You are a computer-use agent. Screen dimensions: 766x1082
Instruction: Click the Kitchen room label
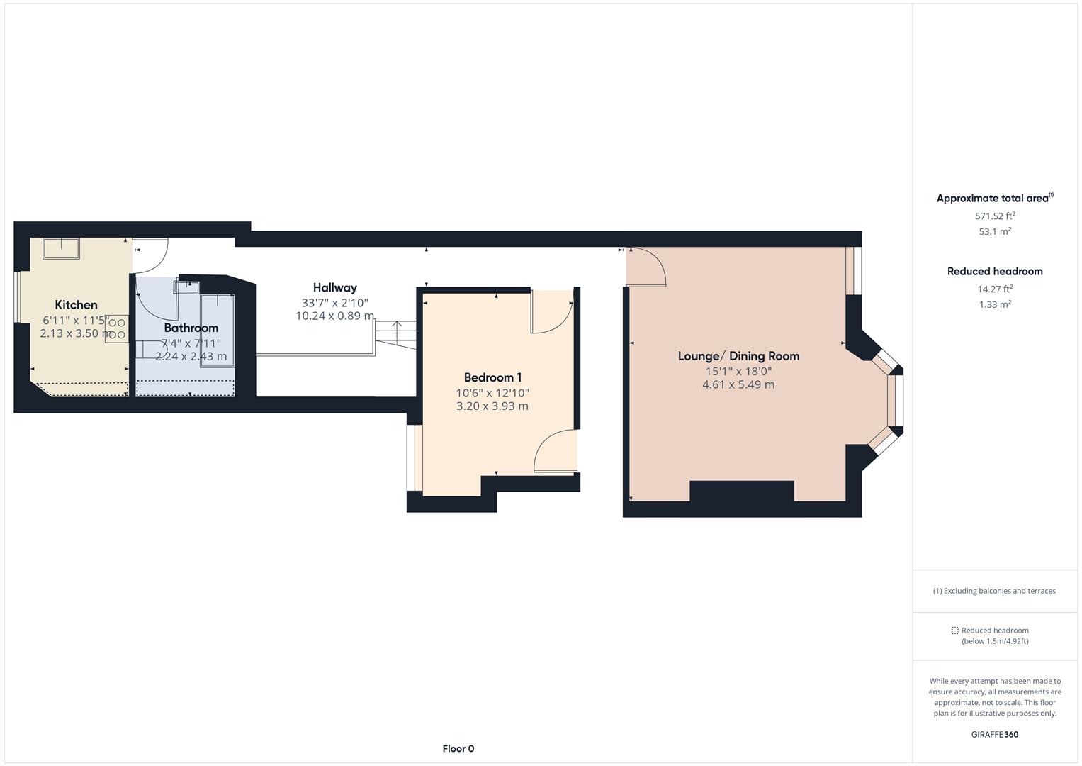pos(76,305)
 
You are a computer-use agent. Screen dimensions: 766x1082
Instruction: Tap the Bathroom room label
pos(191,328)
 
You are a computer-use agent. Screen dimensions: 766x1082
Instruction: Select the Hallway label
pos(334,287)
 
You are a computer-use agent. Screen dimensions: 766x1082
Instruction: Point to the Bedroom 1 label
pos(492,377)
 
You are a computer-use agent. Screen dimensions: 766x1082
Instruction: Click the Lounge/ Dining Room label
pos(738,356)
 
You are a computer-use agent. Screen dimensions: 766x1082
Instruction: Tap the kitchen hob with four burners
pos(117,329)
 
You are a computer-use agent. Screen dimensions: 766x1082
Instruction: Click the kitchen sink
pos(61,248)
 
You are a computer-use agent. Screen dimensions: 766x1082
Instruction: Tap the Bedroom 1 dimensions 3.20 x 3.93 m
pos(492,406)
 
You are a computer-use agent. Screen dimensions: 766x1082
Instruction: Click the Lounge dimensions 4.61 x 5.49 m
pos(738,384)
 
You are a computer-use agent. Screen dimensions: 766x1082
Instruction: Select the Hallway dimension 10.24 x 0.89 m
pos(334,316)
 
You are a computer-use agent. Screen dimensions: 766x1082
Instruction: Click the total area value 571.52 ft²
pos(995,216)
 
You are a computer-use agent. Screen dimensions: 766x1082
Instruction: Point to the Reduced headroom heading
pos(995,271)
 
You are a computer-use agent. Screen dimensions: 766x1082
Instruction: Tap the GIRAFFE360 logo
pos(995,734)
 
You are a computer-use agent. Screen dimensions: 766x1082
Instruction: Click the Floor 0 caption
pos(458,748)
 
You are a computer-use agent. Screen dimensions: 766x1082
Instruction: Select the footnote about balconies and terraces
pos(995,591)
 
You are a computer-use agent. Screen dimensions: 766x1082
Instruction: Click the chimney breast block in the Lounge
pos(741,492)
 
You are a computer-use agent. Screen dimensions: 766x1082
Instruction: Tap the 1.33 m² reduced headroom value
pos(995,304)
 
